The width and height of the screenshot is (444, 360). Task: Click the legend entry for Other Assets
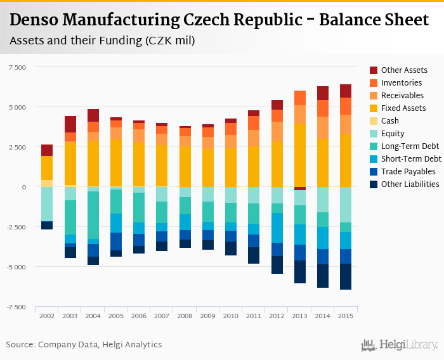[x=404, y=70]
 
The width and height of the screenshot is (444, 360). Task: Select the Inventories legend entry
[x=402, y=82]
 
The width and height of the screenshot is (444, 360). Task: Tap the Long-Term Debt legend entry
[x=410, y=146]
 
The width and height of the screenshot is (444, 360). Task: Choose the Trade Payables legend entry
[x=408, y=171]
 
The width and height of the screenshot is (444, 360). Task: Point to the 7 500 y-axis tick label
[x=17, y=67]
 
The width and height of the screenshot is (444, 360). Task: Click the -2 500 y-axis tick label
[x=16, y=227]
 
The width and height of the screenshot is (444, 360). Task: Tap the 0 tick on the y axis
[x=23, y=187]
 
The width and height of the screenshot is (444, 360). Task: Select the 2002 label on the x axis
[x=47, y=316]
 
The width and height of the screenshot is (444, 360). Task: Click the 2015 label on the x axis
[x=346, y=316]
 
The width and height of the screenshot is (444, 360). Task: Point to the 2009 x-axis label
[x=208, y=316]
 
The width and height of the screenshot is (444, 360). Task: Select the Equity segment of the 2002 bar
[x=47, y=204]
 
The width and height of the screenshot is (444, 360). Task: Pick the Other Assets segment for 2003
[x=70, y=124]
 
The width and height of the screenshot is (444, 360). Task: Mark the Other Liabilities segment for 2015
[x=346, y=276]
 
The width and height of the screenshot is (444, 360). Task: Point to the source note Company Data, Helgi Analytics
[x=84, y=345]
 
